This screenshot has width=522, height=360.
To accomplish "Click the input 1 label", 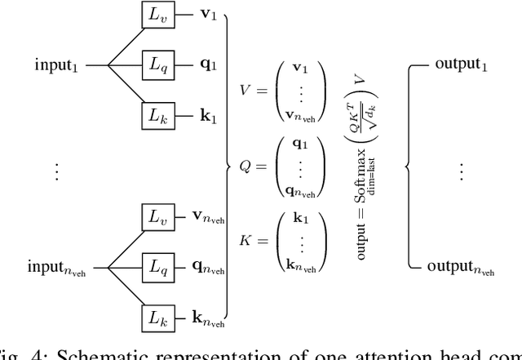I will pos(59,64).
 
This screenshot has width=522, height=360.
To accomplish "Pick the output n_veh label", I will pos(462,267).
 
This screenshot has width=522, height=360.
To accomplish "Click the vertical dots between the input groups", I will pos(55,171).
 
